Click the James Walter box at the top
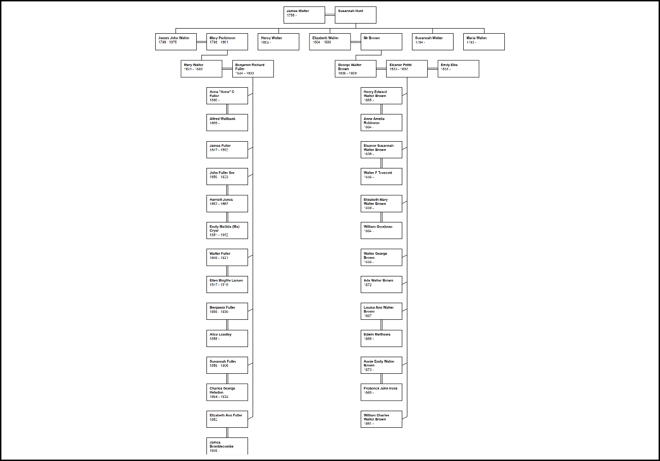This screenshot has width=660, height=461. click(304, 15)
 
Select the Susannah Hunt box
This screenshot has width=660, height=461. click(355, 15)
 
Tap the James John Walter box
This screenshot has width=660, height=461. click(176, 42)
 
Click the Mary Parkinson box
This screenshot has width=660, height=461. click(227, 42)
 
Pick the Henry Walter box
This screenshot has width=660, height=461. click(278, 42)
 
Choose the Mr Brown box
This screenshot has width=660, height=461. click(381, 42)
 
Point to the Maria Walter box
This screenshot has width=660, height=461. click(484, 42)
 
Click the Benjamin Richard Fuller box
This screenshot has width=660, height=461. click(253, 69)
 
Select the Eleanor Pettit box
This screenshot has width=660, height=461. click(406, 69)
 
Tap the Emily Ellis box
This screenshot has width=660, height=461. click(458, 69)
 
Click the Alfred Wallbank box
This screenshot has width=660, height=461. click(227, 122)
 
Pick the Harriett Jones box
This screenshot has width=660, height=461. click(227, 204)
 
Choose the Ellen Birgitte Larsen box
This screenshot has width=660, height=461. click(227, 284)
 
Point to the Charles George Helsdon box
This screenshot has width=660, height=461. click(227, 392)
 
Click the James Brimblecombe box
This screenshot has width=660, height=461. click(227, 446)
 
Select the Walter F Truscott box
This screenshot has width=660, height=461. click(381, 176)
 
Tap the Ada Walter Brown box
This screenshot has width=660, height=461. click(381, 284)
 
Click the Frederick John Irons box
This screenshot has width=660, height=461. click(381, 392)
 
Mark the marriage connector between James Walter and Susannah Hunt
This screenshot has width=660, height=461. click(330, 15)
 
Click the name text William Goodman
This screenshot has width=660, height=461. click(378, 227)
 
